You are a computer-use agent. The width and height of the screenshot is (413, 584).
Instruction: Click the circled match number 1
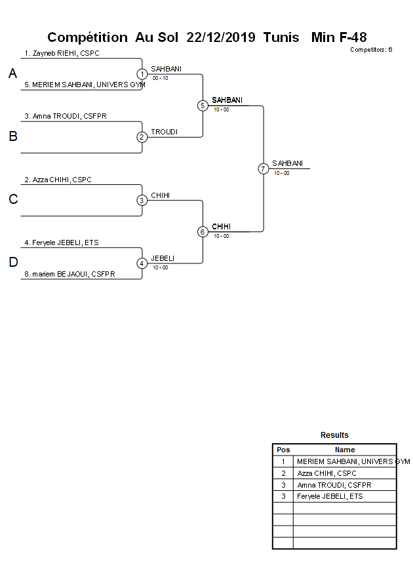[x=142, y=74]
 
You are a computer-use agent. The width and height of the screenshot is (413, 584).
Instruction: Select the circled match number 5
[x=203, y=106]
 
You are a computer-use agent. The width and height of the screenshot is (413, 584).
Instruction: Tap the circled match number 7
[x=263, y=168]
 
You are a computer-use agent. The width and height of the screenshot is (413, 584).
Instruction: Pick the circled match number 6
[x=203, y=231]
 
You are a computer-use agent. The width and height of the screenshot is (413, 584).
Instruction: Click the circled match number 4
[x=142, y=263]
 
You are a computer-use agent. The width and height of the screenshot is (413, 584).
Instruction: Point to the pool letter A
[x=12, y=74]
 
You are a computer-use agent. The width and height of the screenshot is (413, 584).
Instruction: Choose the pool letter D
[x=12, y=263]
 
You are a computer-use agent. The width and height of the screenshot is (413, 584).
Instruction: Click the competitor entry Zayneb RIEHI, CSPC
[x=62, y=53]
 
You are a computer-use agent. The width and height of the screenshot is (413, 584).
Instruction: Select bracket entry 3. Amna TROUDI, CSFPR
[x=66, y=116]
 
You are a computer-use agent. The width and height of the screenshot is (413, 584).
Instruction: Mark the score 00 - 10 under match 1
[x=160, y=78]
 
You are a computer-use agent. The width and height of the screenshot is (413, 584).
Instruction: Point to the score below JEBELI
[x=160, y=267]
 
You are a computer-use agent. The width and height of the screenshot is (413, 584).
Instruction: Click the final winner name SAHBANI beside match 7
[x=287, y=163]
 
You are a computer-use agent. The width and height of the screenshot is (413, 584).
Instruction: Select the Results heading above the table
[x=334, y=435]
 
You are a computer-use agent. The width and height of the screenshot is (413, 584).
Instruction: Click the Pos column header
[x=283, y=450]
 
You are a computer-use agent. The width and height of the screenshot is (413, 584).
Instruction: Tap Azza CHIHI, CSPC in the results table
[x=326, y=473]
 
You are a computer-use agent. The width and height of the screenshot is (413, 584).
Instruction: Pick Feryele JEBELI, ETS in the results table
[x=330, y=496]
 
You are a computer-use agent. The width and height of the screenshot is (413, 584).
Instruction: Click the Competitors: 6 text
[x=370, y=50]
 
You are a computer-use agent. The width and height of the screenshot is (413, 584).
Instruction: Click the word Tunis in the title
[x=281, y=37]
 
